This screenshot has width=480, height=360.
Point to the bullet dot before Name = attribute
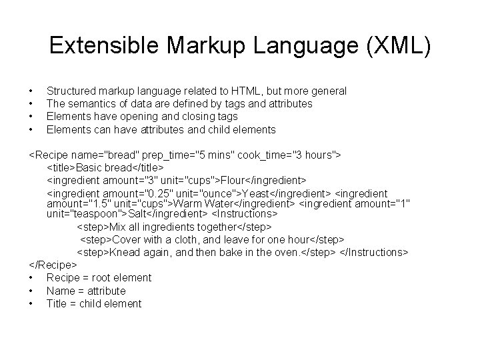32,291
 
